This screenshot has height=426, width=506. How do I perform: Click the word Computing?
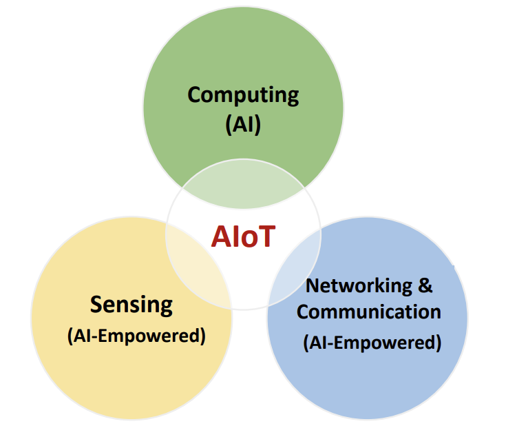(243, 94)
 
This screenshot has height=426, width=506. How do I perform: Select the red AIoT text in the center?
(243, 236)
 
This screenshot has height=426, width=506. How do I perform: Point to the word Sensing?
(131, 304)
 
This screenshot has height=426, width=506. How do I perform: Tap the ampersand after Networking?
(425, 284)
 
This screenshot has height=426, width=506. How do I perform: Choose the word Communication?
(369, 311)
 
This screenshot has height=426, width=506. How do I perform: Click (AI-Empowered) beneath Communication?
(372, 342)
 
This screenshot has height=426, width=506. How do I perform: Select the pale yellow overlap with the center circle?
(196, 265)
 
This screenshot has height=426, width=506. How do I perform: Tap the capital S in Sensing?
(96, 304)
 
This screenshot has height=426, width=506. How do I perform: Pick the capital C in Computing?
(194, 94)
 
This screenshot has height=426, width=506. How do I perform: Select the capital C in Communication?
(303, 311)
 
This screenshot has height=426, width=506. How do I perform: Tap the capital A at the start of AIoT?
(220, 236)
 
